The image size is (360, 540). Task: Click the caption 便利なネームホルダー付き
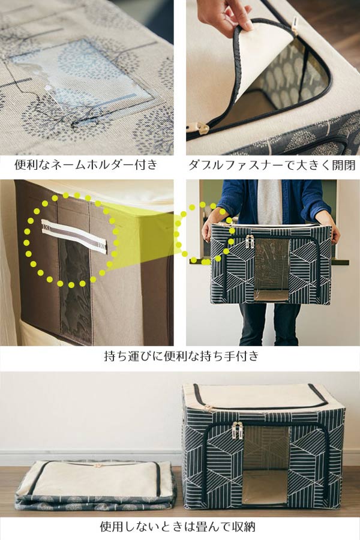(86, 164)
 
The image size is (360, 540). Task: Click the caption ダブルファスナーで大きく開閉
(272, 165)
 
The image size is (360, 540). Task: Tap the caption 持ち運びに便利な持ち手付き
(181, 355)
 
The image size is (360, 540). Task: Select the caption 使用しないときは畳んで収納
(178, 526)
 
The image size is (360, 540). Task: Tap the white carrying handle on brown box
(74, 236)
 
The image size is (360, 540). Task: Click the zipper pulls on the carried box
(250, 241)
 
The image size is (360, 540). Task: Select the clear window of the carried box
(271, 269)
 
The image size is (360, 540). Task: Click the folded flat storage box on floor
(96, 485)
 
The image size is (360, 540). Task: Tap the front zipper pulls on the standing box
(237, 430)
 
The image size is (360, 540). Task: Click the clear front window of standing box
(265, 466)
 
